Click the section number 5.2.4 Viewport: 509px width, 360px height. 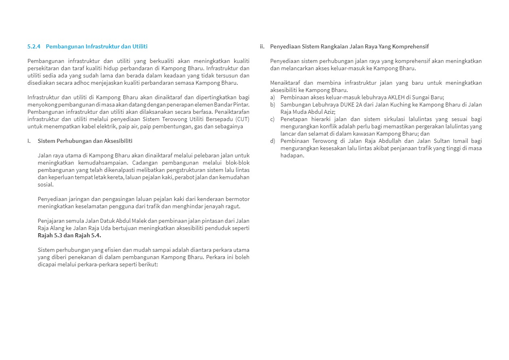pyautogui.click(x=34, y=46)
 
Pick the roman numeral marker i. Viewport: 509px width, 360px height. pyautogui.click(x=29, y=141)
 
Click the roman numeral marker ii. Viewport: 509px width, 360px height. pyautogui.click(x=262, y=46)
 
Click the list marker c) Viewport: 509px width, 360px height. pyautogui.click(x=273, y=119)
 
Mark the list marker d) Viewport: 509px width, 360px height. pyautogui.click(x=273, y=141)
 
